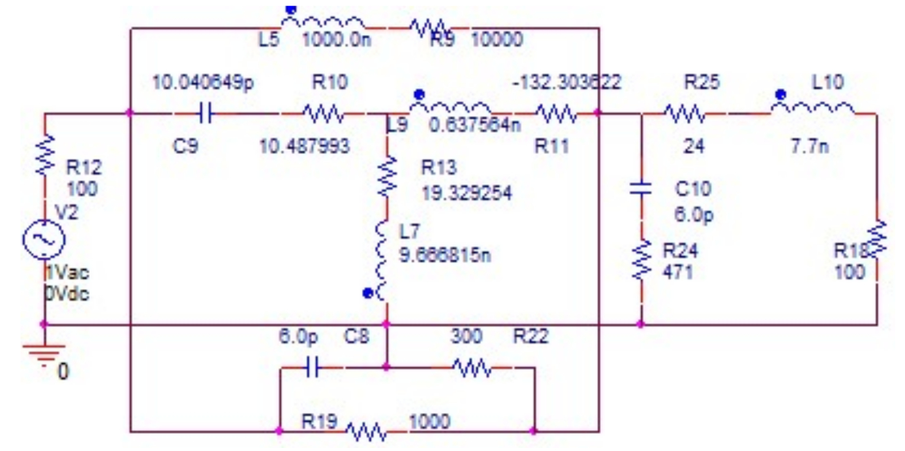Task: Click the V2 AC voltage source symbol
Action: click(x=44, y=239)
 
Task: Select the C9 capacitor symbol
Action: click(x=205, y=114)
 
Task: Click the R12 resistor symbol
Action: click(x=44, y=155)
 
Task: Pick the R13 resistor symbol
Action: click(x=386, y=176)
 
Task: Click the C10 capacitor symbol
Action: click(x=641, y=188)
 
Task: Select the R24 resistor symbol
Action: click(x=641, y=260)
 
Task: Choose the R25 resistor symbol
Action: click(x=684, y=114)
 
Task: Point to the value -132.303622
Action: click(x=568, y=82)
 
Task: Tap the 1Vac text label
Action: click(x=66, y=272)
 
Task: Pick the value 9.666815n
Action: click(x=445, y=254)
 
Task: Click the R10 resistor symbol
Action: click(x=323, y=114)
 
